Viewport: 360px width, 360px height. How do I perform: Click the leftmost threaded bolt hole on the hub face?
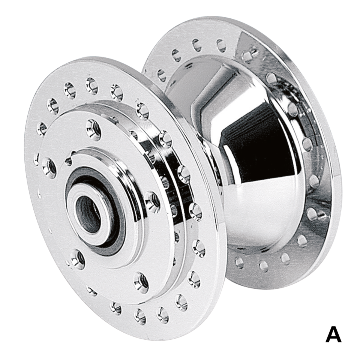pyautogui.click(x=49, y=167)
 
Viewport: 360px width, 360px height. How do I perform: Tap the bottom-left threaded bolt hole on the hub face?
pyautogui.click(x=78, y=259)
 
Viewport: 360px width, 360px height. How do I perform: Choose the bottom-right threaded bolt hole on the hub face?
pyautogui.click(x=141, y=282)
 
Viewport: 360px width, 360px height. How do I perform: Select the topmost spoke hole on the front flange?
pyautogui.click(x=91, y=85)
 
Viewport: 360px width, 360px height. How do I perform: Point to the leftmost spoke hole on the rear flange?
pyautogui.click(x=162, y=74)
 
